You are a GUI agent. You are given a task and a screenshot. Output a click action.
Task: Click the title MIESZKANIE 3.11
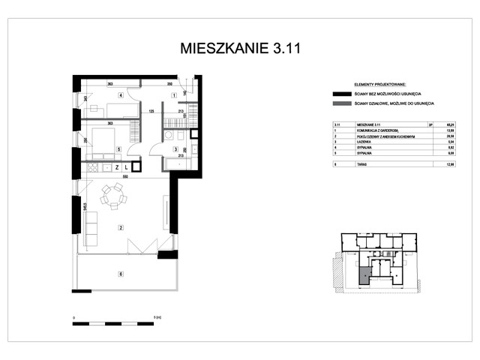(239, 49)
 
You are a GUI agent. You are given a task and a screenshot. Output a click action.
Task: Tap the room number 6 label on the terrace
(119, 274)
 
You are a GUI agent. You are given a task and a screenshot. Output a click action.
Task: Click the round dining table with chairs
(114, 196)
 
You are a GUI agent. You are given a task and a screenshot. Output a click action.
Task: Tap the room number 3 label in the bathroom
(174, 150)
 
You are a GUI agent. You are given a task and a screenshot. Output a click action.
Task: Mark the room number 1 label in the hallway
(174, 96)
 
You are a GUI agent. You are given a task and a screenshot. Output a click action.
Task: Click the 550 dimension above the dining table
(126, 177)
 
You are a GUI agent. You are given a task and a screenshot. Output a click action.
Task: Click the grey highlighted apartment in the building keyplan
(364, 275)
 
